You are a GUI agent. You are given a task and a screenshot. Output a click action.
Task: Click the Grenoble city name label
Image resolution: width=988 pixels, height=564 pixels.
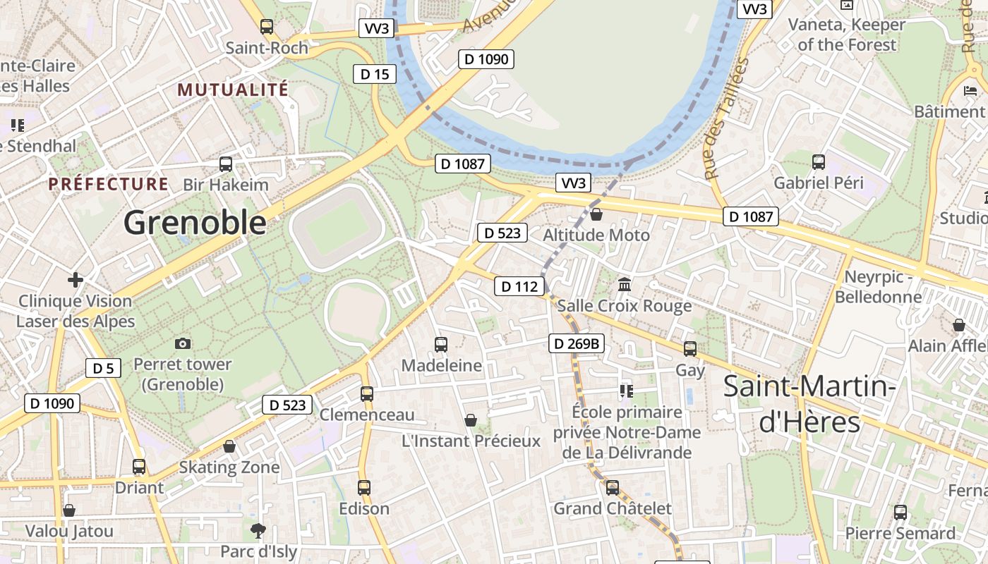[x=195, y=223]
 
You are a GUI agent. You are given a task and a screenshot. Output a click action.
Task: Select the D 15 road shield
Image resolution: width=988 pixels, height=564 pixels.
[x=375, y=74]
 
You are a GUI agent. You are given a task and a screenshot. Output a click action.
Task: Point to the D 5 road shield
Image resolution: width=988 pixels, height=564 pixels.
[x=103, y=368]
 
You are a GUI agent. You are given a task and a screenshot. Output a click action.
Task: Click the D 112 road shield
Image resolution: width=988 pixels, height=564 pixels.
[x=519, y=286]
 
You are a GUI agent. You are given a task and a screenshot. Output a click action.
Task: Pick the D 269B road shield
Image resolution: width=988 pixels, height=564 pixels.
[x=577, y=343]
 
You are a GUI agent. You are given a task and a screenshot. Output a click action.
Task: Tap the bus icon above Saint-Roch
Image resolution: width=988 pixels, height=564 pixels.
[x=266, y=27]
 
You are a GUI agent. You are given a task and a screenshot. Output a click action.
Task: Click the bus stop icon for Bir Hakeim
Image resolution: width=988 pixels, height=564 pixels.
[x=226, y=164]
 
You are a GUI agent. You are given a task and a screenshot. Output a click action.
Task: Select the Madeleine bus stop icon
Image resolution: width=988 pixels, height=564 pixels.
[x=441, y=345]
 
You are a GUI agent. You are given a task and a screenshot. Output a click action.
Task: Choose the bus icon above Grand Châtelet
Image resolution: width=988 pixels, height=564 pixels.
[x=612, y=488]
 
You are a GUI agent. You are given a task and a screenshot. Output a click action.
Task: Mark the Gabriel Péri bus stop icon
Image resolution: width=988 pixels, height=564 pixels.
[x=819, y=162]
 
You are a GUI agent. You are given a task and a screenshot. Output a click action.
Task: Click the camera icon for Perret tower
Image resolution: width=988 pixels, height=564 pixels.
[x=183, y=343]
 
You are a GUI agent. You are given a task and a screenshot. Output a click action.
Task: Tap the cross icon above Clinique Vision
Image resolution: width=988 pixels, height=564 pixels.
[x=75, y=280]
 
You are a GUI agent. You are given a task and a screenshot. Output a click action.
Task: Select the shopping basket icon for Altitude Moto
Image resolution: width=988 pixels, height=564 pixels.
[x=596, y=214]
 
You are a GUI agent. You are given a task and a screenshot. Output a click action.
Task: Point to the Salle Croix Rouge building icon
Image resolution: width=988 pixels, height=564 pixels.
[x=625, y=285]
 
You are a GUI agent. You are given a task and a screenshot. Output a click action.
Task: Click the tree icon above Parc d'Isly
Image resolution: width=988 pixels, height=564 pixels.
[x=258, y=530]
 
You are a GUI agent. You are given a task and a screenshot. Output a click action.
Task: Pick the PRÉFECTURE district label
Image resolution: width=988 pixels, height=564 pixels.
[x=108, y=185]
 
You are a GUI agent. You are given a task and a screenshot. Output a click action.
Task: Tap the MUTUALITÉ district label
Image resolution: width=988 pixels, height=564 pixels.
[x=233, y=90]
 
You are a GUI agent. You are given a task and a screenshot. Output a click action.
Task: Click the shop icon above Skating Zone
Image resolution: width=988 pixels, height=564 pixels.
[x=229, y=446]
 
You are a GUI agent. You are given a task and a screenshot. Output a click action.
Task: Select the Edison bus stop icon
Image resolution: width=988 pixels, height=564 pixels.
[x=364, y=488]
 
